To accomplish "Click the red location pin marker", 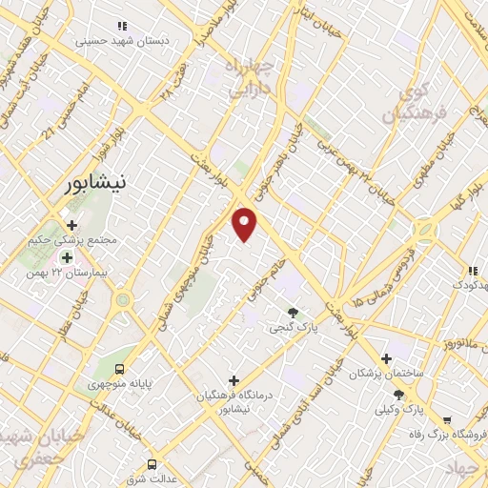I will click(246, 223).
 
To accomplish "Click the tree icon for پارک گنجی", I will click(293, 312).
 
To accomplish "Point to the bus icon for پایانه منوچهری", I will click(119, 368).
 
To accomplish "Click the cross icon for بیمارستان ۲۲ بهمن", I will click(67, 257).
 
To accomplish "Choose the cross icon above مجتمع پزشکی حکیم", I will click(71, 225).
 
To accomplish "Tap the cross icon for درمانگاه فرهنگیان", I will click(234, 379).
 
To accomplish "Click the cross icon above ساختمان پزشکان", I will click(386, 358).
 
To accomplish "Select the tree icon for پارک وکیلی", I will click(398, 394).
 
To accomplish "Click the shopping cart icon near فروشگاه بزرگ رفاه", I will click(447, 418).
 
